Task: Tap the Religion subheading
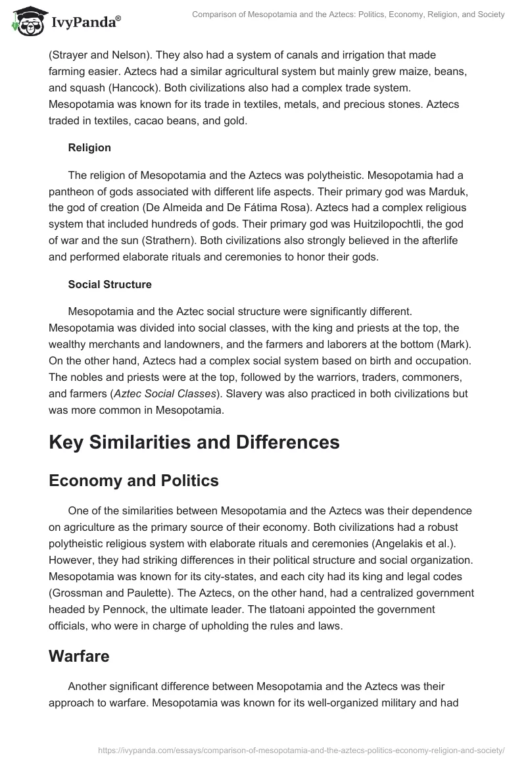[89, 148]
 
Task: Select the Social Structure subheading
[110, 285]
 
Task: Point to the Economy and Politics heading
[133, 481]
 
